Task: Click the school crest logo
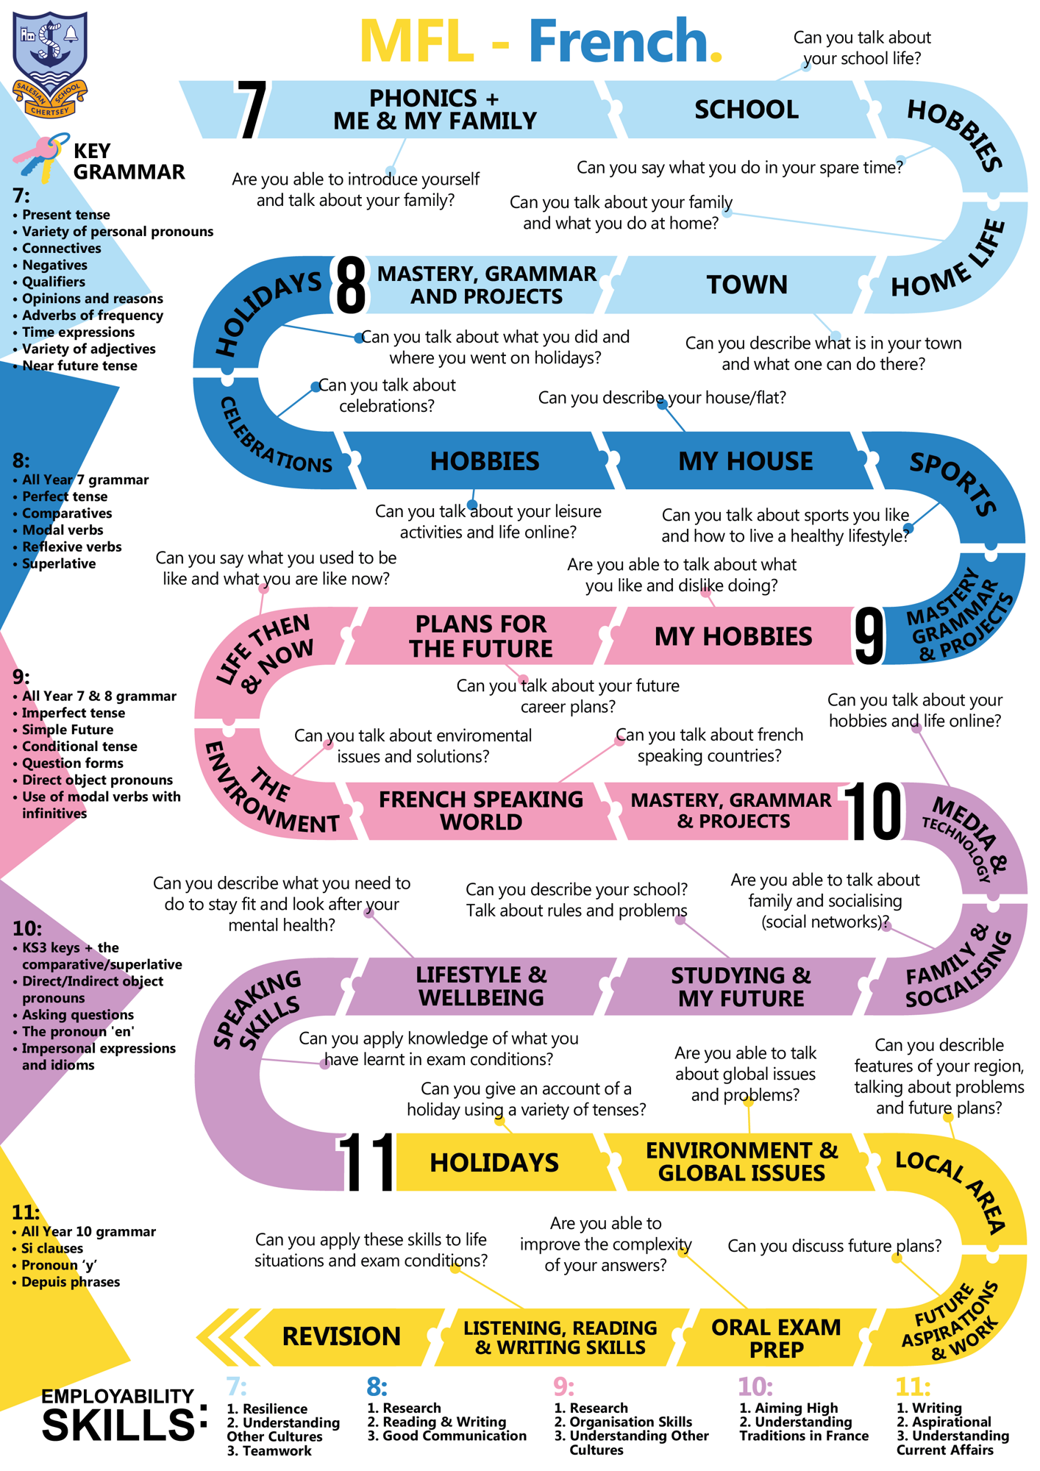[x=50, y=64]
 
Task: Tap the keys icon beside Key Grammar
[x=40, y=157]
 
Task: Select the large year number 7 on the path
[x=252, y=110]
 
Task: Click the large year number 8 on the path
[x=350, y=285]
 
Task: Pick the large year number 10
[x=872, y=811]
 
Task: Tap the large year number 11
[x=366, y=1162]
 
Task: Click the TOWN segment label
[x=747, y=285]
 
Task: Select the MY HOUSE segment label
[x=745, y=461]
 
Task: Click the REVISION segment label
[x=341, y=1336]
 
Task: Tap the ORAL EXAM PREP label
[x=775, y=1338]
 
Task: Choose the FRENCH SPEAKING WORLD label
[x=480, y=811]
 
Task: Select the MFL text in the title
[x=416, y=42]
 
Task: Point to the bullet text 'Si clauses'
[x=52, y=1248]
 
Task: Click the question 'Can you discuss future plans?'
[x=834, y=1246]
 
